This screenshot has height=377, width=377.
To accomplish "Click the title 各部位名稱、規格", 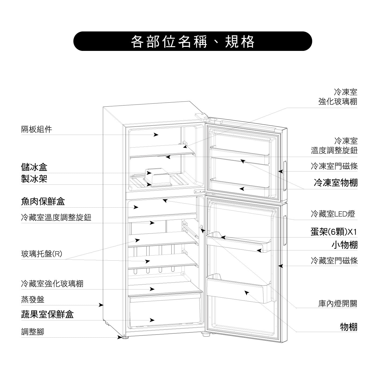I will pos(193,41).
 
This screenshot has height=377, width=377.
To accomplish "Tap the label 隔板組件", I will pos(37,130).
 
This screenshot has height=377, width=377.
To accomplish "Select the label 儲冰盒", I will pos(34,167).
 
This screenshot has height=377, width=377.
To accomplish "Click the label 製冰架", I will pos(34,179).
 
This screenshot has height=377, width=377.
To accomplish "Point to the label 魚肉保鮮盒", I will pos(43,201).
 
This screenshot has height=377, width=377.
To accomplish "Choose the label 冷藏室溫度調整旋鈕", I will pos(56,217).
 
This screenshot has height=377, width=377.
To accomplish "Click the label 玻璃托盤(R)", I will pos(42,254).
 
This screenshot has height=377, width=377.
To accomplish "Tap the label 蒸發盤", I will pos(33,299).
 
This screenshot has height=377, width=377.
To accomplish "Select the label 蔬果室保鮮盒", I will pos(47,314).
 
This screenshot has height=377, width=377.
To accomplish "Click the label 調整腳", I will pos(33,332).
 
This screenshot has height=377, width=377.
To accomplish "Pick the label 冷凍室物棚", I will pos(336,183).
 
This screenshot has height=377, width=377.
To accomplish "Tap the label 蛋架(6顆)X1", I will pos(334,232).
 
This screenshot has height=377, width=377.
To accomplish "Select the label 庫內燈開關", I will pos(338,304).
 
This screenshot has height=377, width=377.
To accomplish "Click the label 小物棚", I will pos(344,245).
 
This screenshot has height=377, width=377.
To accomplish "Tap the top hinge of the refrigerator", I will pos(203,117).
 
